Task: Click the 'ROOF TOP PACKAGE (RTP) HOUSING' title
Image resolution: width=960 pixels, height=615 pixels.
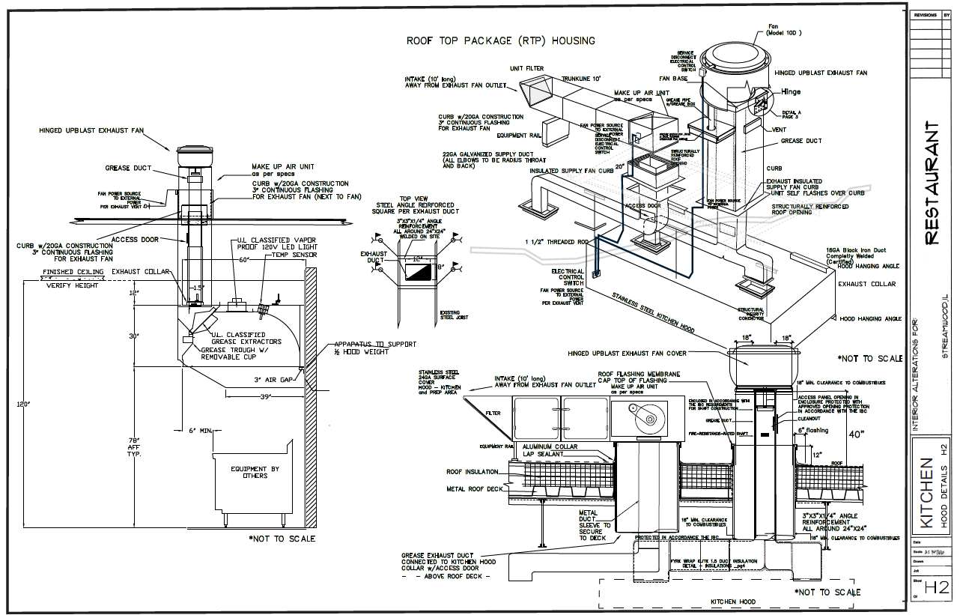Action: tap(501, 40)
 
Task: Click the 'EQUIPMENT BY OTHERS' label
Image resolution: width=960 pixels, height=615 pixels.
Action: tap(255, 472)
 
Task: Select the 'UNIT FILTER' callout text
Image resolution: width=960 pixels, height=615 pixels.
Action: tap(527, 68)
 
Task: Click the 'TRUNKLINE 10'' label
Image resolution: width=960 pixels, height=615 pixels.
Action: tap(582, 78)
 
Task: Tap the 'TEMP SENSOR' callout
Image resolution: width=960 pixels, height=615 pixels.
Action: tap(297, 255)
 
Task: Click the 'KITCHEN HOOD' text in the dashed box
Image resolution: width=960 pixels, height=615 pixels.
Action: tap(733, 602)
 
